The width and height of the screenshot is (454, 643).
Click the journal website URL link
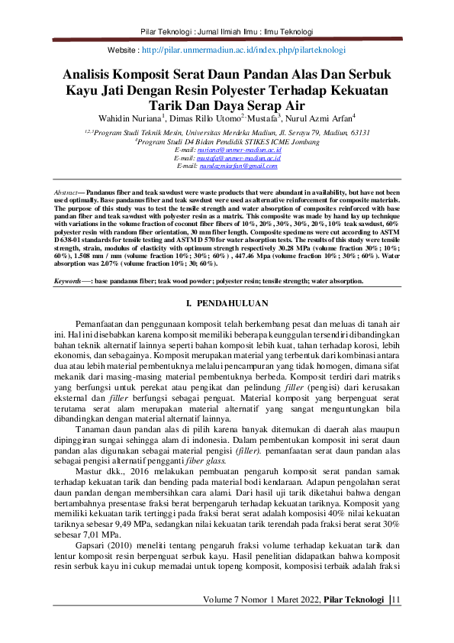point(243,50)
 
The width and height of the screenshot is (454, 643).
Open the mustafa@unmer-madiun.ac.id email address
point(240,158)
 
